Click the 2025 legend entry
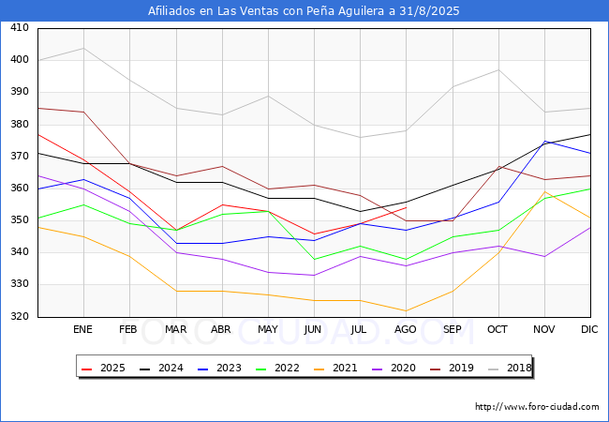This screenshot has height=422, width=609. (x=103, y=368)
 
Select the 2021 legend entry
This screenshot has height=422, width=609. (x=335, y=368)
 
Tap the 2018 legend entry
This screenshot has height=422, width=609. (x=510, y=368)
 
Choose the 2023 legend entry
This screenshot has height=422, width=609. (x=219, y=368)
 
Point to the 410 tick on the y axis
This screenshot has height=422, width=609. (x=20, y=27)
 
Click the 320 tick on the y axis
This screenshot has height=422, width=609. (x=20, y=317)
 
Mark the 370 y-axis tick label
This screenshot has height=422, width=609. (x=20, y=157)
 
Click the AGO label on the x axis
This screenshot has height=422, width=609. (x=405, y=329)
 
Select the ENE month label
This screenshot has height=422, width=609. (x=82, y=329)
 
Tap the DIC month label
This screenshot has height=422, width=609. (x=589, y=329)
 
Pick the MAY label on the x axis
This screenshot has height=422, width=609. (x=268, y=329)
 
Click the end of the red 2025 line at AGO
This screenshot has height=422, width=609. (x=407, y=207)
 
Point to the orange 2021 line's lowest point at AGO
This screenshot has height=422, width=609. (x=407, y=310)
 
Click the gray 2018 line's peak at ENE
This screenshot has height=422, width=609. (x=84, y=48)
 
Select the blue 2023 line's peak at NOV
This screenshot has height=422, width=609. (x=545, y=141)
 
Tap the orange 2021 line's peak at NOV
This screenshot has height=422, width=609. (x=545, y=191)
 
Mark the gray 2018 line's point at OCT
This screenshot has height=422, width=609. (x=498, y=70)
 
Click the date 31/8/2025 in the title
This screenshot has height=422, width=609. (x=429, y=11)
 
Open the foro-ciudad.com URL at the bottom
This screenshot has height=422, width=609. (x=537, y=407)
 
